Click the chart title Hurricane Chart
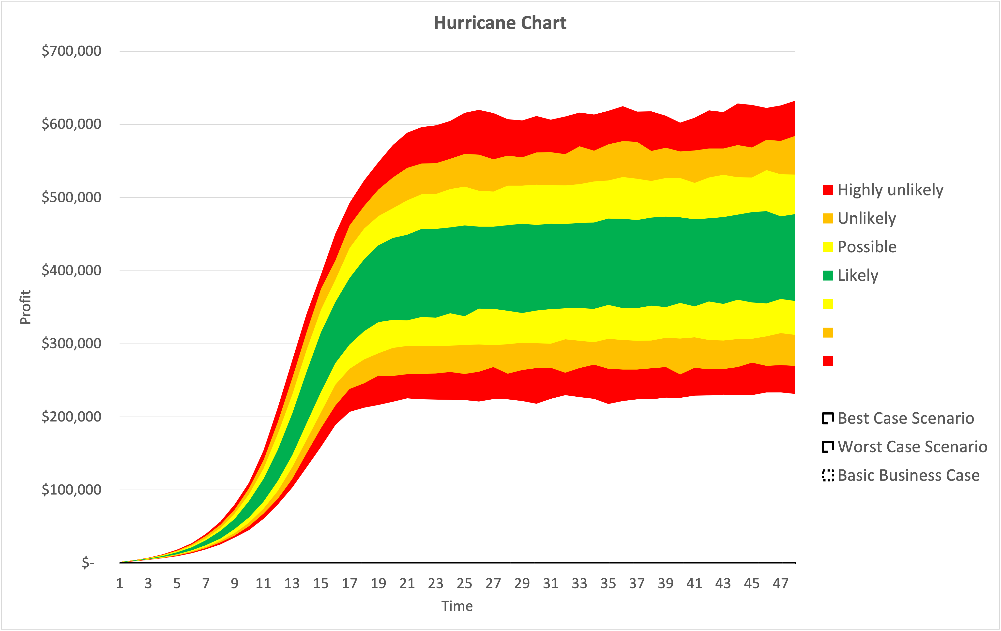(500, 23)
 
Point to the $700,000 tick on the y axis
(71, 51)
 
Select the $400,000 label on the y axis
(71, 270)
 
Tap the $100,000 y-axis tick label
(71, 490)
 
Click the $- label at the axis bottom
(88, 563)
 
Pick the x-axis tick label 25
(464, 584)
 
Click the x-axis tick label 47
(780, 584)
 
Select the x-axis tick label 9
(234, 584)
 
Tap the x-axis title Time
(457, 606)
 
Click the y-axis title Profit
(25, 307)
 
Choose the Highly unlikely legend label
(890, 190)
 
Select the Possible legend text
(867, 247)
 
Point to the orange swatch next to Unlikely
(828, 219)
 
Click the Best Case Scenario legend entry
(905, 418)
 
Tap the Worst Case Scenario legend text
(912, 447)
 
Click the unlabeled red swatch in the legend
(828, 361)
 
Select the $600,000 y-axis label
(71, 124)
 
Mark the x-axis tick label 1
(120, 584)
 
